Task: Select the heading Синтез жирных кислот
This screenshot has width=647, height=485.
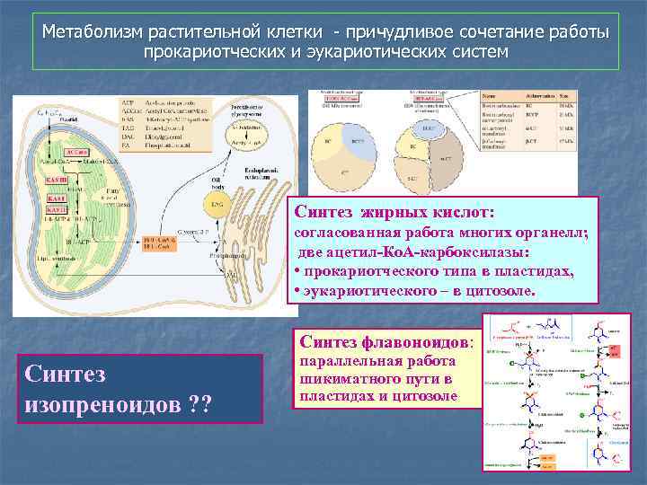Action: (x=395, y=213)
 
